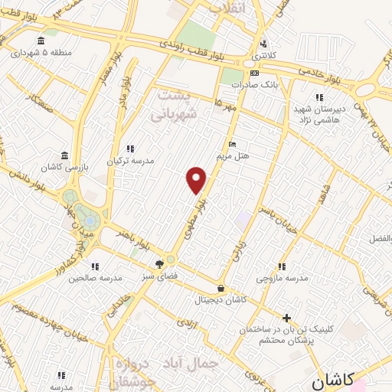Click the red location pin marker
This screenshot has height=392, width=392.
tap(197, 180)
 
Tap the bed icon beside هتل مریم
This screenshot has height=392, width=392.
tap(233, 145)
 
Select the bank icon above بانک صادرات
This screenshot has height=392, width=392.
tap(255, 74)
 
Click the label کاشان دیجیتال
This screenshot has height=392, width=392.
tap(221, 301)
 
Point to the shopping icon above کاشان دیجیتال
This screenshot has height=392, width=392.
tap(221, 289)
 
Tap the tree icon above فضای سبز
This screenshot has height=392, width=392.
tap(158, 263)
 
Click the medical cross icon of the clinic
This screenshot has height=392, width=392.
tap(286, 317)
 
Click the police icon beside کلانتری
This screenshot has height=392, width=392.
tap(264, 43)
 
